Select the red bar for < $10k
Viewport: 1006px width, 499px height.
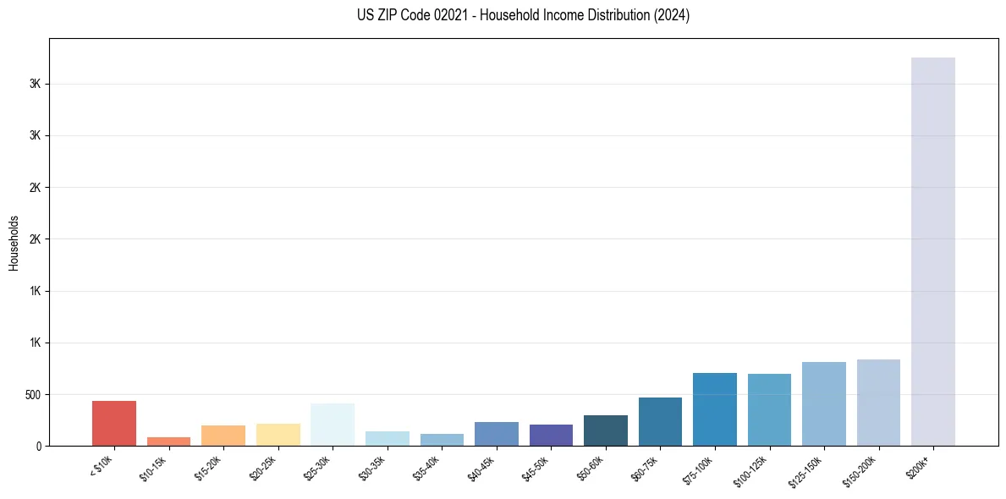[114, 423]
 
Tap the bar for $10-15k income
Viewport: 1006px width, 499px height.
[168, 441]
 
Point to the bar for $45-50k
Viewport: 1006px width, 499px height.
[551, 435]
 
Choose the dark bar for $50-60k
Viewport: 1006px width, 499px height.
[606, 430]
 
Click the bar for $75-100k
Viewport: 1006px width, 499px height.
[715, 409]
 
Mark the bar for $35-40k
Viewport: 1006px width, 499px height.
[442, 440]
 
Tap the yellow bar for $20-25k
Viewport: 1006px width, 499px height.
[278, 435]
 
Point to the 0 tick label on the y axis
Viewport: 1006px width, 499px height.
[38, 446]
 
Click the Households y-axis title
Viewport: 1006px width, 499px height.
[14, 243]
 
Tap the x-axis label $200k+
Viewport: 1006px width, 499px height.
[918, 466]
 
